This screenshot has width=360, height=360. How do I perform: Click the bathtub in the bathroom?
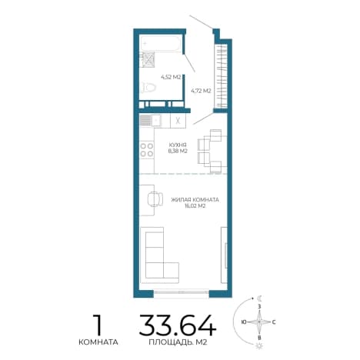pos(161,43)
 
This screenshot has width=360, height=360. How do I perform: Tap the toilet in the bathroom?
pos(149,88)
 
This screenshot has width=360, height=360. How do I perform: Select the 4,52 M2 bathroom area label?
pos(171,77)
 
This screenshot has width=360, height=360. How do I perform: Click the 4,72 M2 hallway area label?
pos(201,91)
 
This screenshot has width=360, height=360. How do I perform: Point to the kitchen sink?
pos(150,120)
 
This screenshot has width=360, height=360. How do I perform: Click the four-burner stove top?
pos(147,150)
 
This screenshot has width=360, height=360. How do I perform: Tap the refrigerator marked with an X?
pos(178,121)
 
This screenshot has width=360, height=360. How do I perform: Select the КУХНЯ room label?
pos(178,145)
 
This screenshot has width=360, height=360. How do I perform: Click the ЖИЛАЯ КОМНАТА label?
pos(195,200)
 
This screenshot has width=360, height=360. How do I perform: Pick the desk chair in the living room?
pos(155,199)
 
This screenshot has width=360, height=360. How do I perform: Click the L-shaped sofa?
pos(159,255)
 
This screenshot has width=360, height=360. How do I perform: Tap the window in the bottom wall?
pos(182,292)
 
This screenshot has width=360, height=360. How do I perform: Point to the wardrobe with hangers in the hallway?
pos(221,76)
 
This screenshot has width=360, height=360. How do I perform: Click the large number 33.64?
pos(178,325)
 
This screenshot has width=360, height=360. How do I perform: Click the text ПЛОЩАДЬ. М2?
pos(178,342)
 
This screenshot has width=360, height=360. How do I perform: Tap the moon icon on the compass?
pos(260,298)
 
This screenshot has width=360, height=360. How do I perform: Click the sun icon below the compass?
pos(259,346)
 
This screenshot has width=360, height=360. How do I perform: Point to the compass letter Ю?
pos(244,322)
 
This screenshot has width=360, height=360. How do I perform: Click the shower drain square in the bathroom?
pos(148,60)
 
